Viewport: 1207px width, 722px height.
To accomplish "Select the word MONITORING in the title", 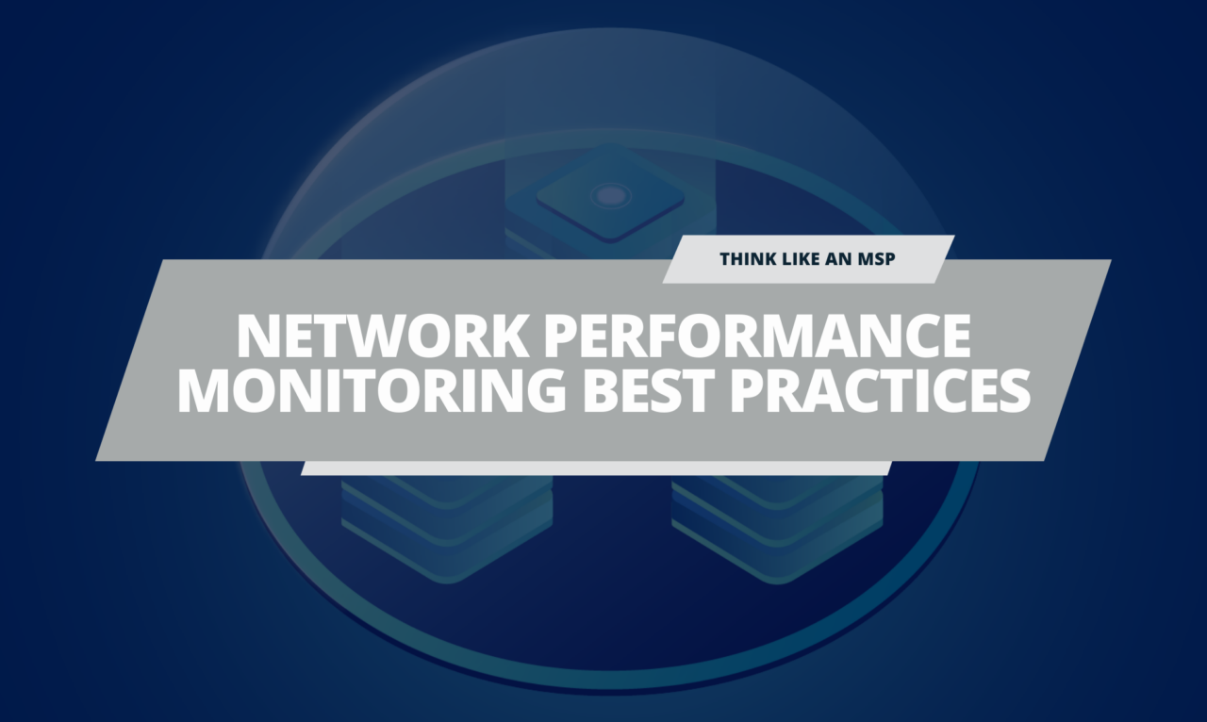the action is pyautogui.click(x=371, y=391).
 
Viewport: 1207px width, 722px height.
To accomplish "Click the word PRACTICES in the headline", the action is pyautogui.click(x=880, y=391).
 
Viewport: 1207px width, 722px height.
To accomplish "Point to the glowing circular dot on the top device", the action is pyautogui.click(x=609, y=195).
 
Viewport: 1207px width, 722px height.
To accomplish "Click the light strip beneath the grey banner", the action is pyautogui.click(x=596, y=468).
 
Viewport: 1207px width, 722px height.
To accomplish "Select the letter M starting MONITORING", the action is pyautogui.click(x=205, y=391).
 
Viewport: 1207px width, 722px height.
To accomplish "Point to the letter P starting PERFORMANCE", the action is pyautogui.click(x=561, y=336).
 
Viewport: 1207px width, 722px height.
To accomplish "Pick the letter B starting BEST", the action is pyautogui.click(x=601, y=391).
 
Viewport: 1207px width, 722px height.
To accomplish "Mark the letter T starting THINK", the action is pyautogui.click(x=726, y=259).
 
